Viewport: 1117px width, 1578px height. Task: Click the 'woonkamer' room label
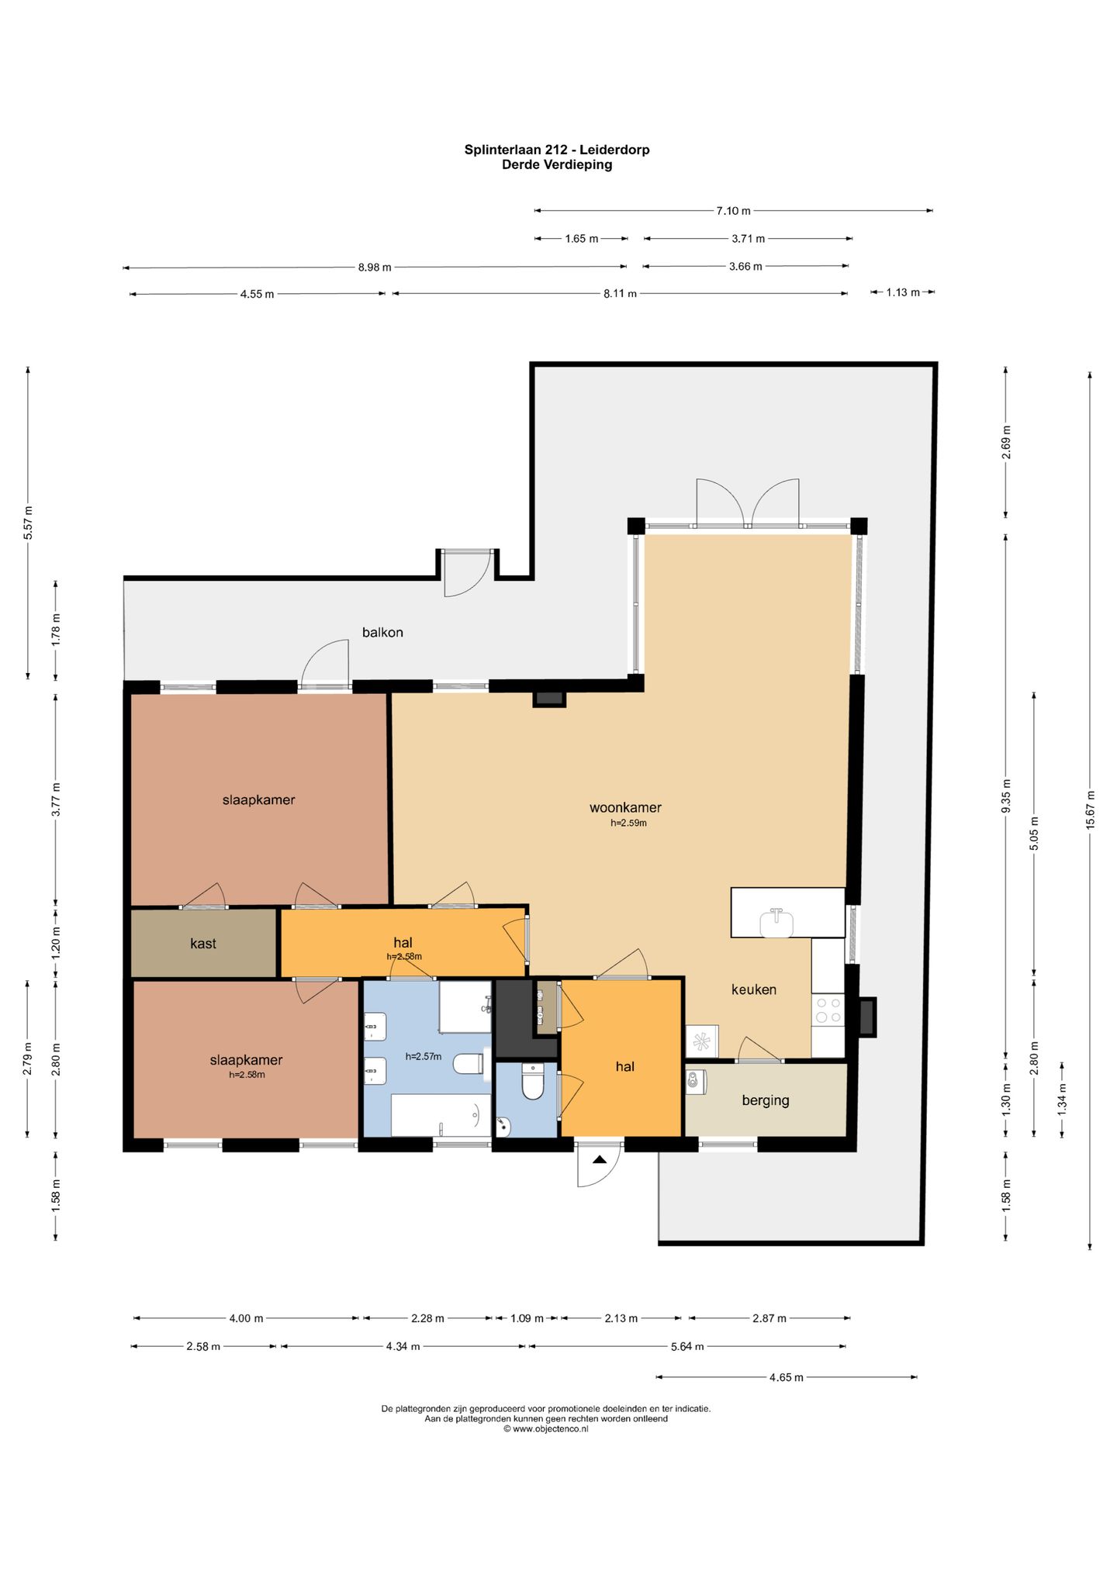[625, 807]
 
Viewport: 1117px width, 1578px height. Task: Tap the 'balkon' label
[382, 632]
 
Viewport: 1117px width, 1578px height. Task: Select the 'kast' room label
[203, 943]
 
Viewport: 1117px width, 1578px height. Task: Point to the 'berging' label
[766, 1100]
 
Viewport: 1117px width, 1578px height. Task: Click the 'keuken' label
[754, 989]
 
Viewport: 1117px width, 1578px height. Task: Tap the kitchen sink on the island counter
[776, 922]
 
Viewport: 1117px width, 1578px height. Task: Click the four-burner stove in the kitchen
[828, 1010]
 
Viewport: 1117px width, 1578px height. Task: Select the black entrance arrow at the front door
[600, 1160]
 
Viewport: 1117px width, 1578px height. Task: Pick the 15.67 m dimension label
[1090, 810]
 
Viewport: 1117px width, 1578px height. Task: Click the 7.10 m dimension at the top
[733, 210]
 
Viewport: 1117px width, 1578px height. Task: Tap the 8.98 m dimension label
[375, 267]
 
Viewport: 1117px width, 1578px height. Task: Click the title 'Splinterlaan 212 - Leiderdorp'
[557, 150]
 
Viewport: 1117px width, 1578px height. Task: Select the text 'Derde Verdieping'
[557, 164]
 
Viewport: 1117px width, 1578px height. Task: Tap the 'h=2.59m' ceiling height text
[628, 823]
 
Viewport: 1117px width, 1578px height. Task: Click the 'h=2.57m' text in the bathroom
[424, 1056]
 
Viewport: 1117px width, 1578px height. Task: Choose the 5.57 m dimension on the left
[29, 522]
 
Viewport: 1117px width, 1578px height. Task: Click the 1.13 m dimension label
[903, 292]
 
